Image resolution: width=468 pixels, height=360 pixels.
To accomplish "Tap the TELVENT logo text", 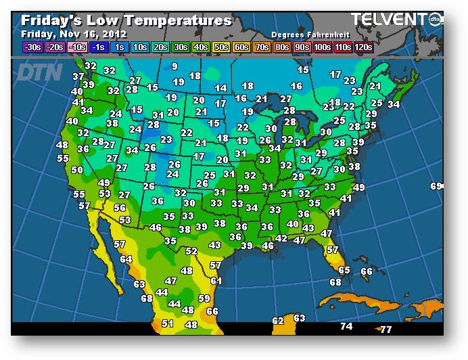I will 388,19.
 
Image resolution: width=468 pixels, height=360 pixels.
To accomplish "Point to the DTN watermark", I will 39,72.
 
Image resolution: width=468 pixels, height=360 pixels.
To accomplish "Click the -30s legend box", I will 32,47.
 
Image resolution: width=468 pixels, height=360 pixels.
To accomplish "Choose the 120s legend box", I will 363,47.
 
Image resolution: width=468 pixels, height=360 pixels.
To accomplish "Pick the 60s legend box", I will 241,47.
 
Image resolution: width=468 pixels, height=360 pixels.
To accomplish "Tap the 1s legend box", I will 118,47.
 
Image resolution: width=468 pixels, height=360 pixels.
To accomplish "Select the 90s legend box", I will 302,47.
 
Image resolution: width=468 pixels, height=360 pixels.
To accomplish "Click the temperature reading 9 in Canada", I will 174,66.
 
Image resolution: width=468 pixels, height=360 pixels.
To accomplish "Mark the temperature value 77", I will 386,330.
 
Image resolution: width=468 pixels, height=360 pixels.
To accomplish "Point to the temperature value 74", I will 346,326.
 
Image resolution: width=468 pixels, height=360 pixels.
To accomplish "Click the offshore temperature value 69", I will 436,186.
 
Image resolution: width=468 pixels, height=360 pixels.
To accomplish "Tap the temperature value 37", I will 78,77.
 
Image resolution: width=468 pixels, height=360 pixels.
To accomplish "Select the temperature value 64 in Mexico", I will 126,259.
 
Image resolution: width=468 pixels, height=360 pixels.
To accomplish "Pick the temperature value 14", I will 220,88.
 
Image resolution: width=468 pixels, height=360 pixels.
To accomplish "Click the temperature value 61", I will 216,280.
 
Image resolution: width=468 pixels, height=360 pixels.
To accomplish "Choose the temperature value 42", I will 281,238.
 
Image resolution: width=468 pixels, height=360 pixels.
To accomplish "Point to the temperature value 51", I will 168,324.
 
